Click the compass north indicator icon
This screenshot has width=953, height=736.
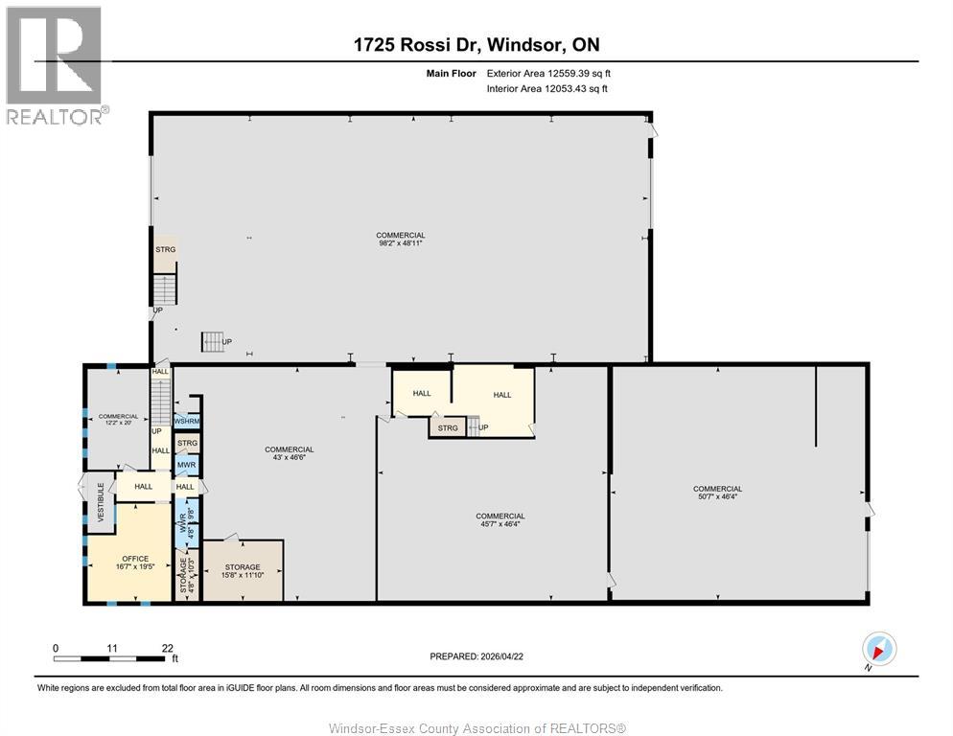pos(878,648)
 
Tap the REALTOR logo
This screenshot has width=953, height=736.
pos(55,64)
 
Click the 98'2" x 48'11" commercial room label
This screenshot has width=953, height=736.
pos(401,240)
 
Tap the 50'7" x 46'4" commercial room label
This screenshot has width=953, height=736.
pos(717,494)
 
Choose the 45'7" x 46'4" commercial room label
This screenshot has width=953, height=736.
pos(500,520)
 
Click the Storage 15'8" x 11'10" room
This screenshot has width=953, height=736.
pos(243,572)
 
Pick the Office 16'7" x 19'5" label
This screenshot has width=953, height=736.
pos(135,563)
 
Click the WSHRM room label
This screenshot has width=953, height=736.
pos(187,421)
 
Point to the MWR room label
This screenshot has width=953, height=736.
pos(187,465)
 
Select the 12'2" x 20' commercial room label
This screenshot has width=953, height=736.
pos(118,421)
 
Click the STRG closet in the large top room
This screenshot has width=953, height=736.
pos(166,250)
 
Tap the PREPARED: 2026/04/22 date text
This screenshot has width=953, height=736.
pos(477,656)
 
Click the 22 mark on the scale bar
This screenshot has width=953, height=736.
pos(168,648)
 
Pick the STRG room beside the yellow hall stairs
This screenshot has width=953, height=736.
pos(448,427)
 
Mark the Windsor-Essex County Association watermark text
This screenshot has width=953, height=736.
pos(476,728)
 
